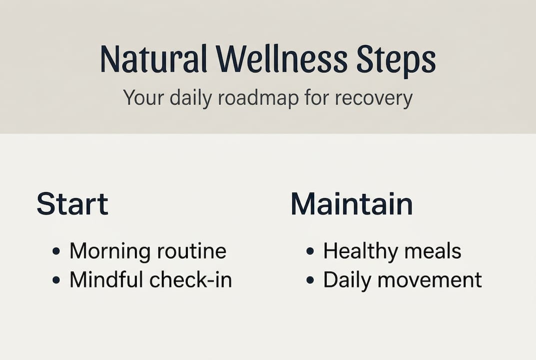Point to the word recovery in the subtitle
point(374,98)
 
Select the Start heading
point(72,204)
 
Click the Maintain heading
point(352,204)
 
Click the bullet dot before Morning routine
point(56,251)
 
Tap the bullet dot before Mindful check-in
point(56,280)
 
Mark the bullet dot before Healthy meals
point(310,251)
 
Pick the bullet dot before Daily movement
point(310,280)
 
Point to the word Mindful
point(106,280)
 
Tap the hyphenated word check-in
point(190,280)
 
